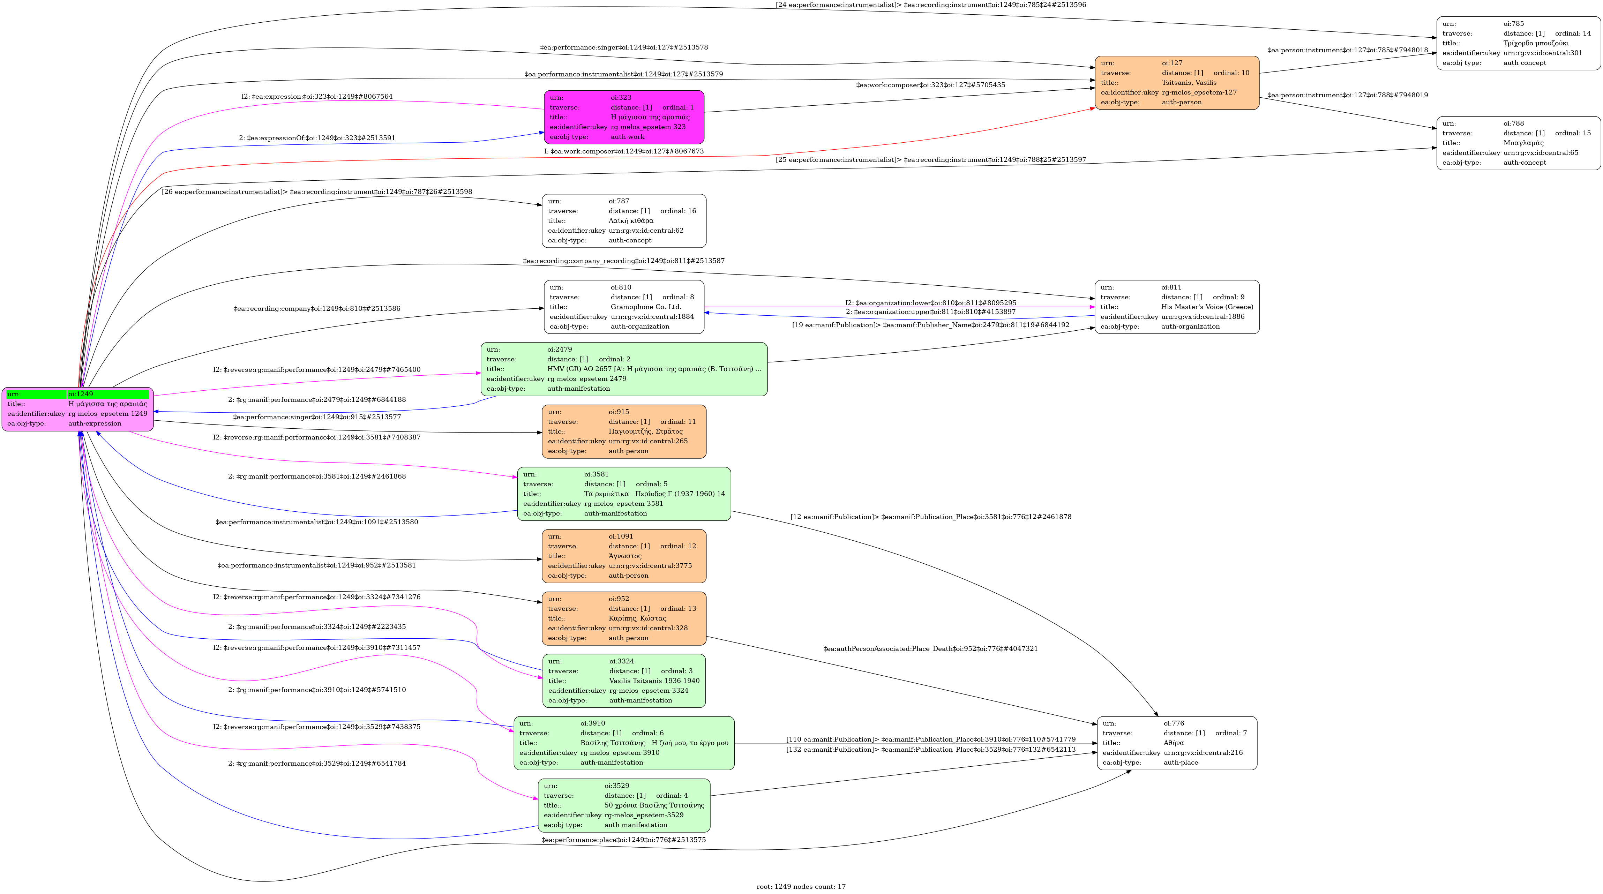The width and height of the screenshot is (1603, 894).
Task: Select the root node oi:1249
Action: tap(78, 409)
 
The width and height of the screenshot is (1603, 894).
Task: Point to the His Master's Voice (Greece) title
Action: tap(1207, 307)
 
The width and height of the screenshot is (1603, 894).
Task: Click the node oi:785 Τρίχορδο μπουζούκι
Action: tap(1518, 43)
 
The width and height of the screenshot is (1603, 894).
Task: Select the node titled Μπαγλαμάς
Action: tap(1518, 143)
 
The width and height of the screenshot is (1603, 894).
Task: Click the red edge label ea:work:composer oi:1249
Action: tap(623, 151)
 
